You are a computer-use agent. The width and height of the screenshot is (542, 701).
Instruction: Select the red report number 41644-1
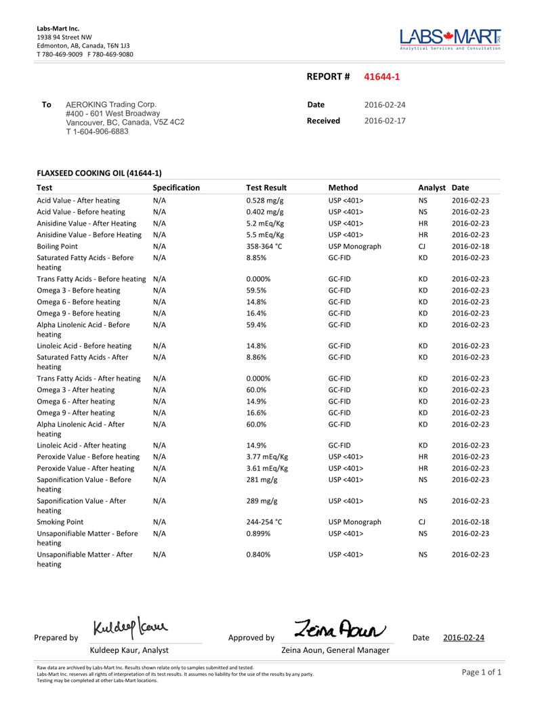point(382,77)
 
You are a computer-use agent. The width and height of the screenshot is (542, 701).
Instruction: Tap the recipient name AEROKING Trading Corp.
point(110,104)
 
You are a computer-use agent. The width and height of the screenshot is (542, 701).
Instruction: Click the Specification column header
point(176,188)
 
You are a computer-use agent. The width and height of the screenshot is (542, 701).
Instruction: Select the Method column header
point(343,188)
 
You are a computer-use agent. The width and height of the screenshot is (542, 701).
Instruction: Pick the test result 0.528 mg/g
point(264,200)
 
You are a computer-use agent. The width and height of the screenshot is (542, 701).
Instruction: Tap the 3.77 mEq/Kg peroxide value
point(267,456)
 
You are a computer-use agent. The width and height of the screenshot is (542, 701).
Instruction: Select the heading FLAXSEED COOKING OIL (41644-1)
point(99,173)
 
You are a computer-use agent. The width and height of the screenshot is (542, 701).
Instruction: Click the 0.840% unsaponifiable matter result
point(259,555)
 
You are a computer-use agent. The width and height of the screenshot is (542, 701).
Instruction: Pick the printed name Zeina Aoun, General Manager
point(335,650)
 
